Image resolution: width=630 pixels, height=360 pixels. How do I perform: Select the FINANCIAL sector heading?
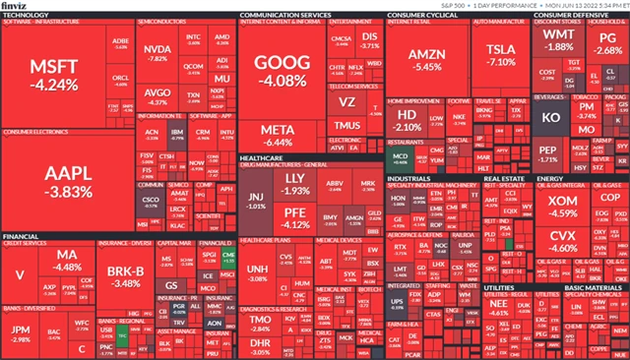click(x=22, y=237)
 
